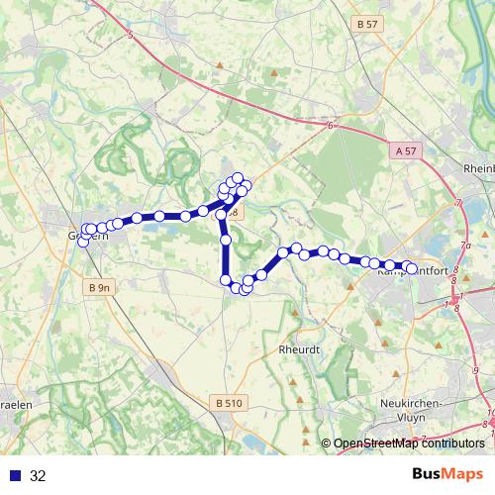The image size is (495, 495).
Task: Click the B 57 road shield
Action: pyautogui.click(x=366, y=23)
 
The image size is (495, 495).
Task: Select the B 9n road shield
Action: pyautogui.click(x=97, y=287)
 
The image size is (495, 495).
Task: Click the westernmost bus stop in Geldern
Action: pyautogui.click(x=83, y=236)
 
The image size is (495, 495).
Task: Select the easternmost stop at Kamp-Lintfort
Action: pyautogui.click(x=411, y=268)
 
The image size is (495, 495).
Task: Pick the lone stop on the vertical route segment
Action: pyautogui.click(x=225, y=240)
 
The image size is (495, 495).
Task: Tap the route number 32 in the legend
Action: pyautogui.click(x=38, y=475)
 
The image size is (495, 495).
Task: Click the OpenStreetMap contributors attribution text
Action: pyautogui.click(x=408, y=444)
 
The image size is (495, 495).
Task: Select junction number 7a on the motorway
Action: pyautogui.click(x=465, y=244)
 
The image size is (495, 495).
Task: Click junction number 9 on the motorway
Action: pyautogui.click(x=475, y=368)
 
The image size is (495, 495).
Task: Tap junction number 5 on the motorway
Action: pyautogui.click(x=131, y=35)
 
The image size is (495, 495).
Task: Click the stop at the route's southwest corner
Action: pyautogui.click(x=225, y=280)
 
